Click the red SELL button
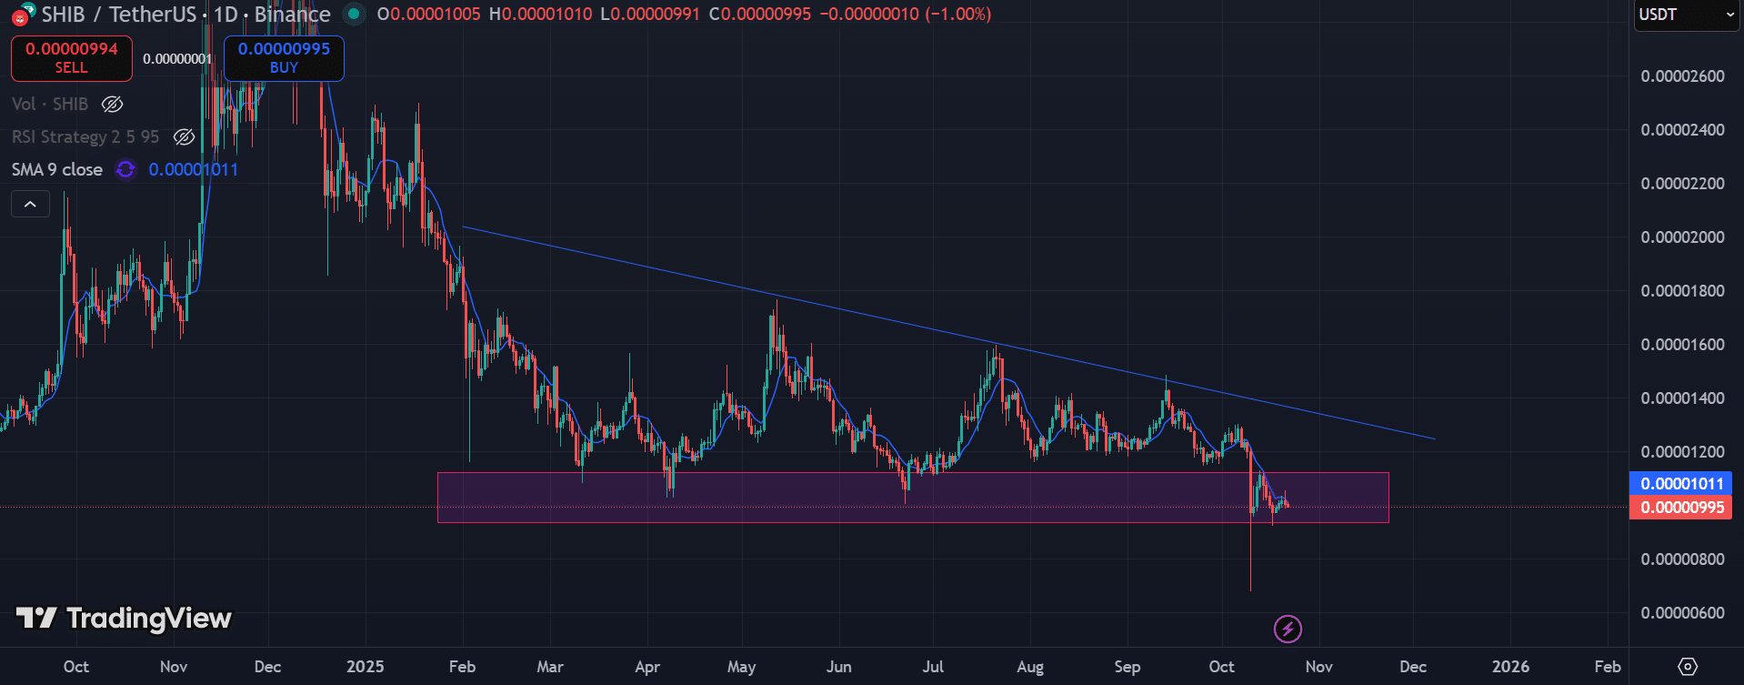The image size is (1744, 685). point(72,58)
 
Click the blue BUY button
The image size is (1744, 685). point(284,58)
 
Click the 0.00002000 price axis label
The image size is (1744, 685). point(1682,237)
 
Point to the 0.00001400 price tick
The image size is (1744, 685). point(1682,398)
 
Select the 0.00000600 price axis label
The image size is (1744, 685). point(1682,613)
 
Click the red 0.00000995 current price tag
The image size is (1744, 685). point(1681,508)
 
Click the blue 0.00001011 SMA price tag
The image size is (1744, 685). point(1681,484)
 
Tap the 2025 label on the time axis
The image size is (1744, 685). point(366,667)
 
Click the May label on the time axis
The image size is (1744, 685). point(741,667)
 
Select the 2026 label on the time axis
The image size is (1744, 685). point(1510,667)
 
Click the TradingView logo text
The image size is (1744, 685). point(125,619)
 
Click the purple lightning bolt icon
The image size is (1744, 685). point(1288,629)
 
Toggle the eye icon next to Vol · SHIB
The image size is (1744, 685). point(112,105)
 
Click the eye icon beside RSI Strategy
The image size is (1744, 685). point(184,137)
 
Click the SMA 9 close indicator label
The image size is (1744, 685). point(57,170)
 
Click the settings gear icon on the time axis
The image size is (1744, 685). point(1688,667)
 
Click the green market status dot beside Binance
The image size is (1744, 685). point(354,14)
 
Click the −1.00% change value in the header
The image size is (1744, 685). point(958,15)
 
